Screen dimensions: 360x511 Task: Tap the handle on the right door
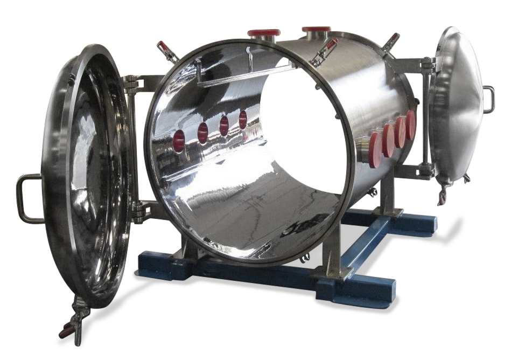click(x=489, y=100)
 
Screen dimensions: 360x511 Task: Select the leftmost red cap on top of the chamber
click(x=264, y=33)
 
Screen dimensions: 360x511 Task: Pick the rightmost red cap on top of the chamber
click(x=316, y=29)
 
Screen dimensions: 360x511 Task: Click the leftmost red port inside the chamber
click(x=178, y=140)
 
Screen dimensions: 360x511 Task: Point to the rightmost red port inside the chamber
click(x=243, y=119)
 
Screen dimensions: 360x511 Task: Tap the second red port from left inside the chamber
click(x=202, y=133)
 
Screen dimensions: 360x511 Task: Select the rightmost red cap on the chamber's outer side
click(x=411, y=124)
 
